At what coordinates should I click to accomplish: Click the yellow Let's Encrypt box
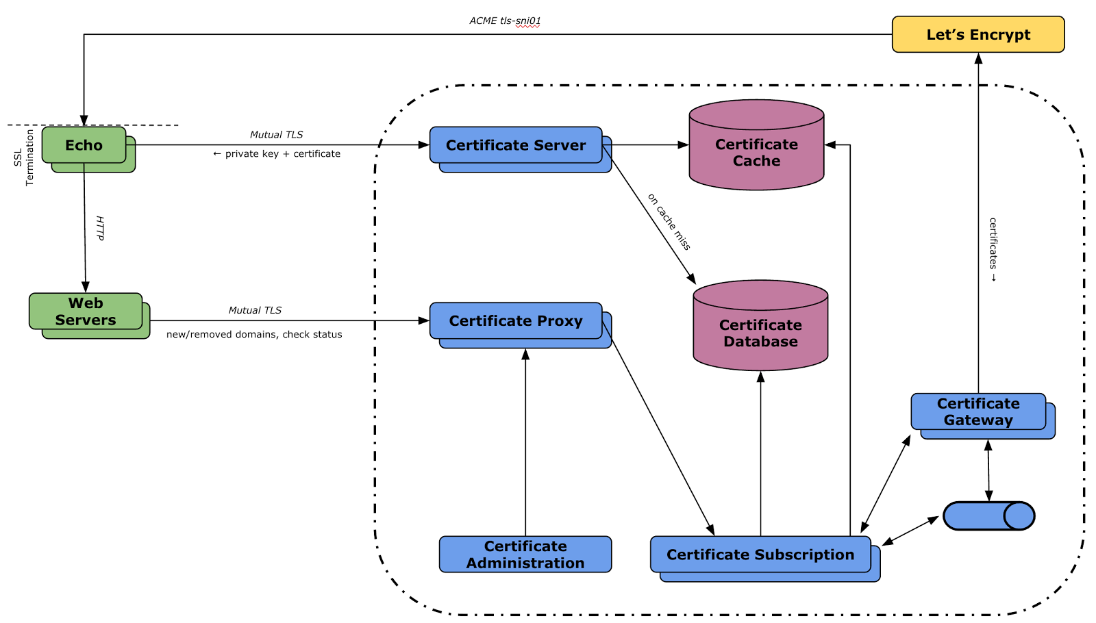pos(978,34)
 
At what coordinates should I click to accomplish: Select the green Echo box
pos(84,144)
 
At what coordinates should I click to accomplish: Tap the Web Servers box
pos(86,311)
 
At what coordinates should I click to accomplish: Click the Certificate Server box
pos(516,144)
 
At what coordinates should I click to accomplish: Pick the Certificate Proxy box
pos(516,320)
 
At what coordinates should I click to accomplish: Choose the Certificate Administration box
pos(525,554)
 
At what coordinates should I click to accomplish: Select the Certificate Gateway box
pos(978,411)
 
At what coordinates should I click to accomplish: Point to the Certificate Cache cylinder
pos(756,144)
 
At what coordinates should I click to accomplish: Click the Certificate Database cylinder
pos(760,325)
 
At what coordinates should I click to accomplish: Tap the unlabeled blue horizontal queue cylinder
pos(989,516)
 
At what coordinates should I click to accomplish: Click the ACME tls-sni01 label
pos(505,21)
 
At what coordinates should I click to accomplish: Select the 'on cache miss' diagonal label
pos(669,222)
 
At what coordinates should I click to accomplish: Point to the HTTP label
pos(100,228)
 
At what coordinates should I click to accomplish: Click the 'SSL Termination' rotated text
pos(24,157)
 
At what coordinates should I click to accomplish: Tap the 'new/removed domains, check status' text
pos(254,334)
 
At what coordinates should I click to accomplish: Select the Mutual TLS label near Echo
pos(277,134)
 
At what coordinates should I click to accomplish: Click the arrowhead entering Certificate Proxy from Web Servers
pos(424,320)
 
